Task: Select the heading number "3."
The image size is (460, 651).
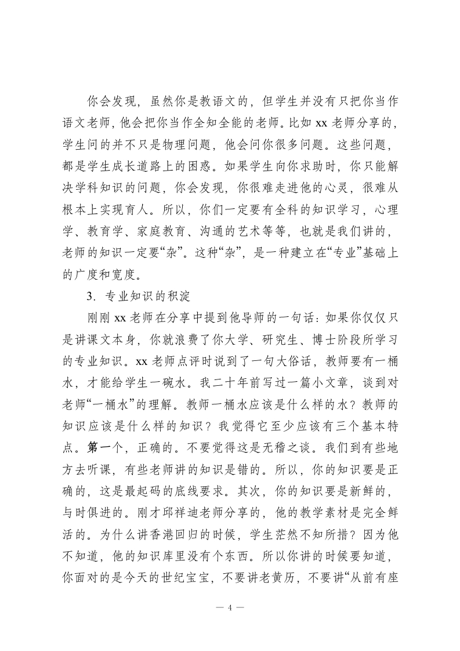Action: (x=90, y=295)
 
